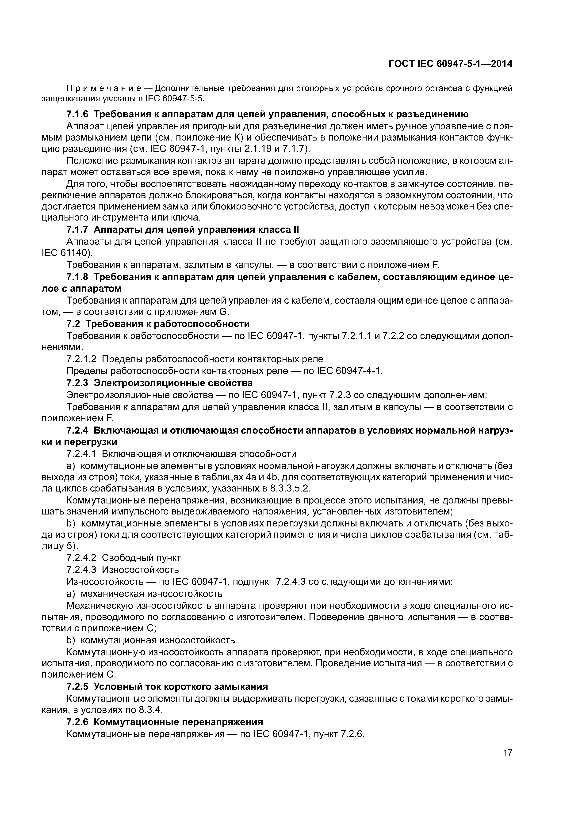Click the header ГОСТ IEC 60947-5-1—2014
(450, 64)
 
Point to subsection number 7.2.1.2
(81, 359)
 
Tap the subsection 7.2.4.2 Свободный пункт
(124, 558)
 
